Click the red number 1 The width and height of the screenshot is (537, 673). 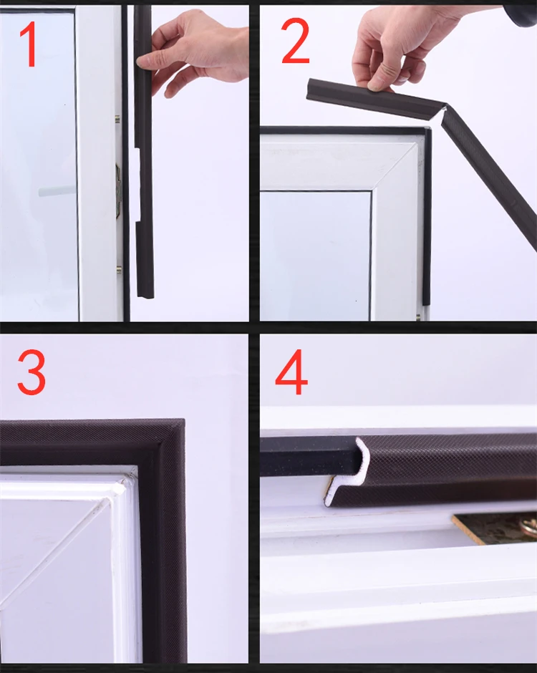point(29,44)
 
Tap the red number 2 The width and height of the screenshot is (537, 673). point(295,42)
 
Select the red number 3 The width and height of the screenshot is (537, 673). point(32,372)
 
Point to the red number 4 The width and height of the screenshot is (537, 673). point(291,372)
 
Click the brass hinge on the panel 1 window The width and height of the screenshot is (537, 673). point(118,191)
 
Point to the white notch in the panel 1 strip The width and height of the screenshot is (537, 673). point(137,185)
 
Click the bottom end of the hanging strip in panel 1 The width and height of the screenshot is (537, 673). point(145,295)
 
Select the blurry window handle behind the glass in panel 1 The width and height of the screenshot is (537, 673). point(56,190)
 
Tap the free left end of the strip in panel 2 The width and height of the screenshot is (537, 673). point(310,89)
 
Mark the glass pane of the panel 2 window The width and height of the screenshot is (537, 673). point(316,256)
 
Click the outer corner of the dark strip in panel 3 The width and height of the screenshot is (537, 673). point(184,420)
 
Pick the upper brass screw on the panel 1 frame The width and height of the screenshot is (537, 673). point(117,119)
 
